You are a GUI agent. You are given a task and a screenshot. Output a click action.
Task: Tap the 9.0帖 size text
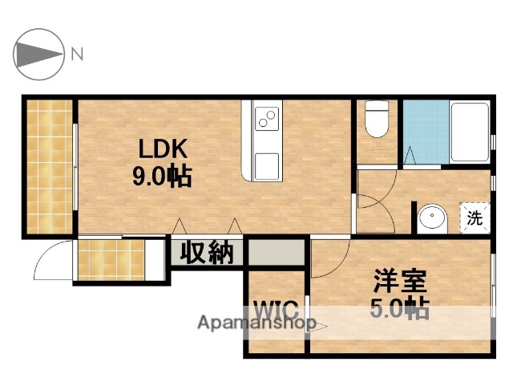coord(163,177)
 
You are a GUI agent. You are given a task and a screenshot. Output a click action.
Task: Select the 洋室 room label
coord(398,282)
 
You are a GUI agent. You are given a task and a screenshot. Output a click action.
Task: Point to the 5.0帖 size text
coord(398,309)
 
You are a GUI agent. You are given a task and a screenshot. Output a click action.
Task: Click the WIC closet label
coord(277,309)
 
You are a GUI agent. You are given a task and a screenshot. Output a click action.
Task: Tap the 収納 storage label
coord(206,254)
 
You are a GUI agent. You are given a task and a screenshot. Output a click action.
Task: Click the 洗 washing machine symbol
coord(475,217)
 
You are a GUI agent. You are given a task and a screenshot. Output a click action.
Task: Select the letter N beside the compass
coord(78,55)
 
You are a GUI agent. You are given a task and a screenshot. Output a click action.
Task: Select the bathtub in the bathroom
coord(469,132)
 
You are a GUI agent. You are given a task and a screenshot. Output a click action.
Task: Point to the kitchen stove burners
coord(266,121)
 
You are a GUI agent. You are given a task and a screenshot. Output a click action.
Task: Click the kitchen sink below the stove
coord(266,165)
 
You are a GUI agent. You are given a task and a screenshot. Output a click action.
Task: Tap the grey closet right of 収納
coord(277,253)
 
